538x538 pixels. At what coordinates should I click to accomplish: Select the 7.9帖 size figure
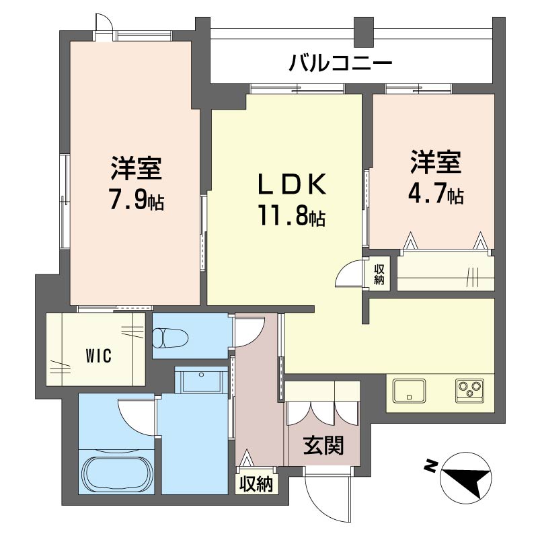[x=136, y=200]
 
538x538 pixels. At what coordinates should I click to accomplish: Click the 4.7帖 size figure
[x=435, y=195]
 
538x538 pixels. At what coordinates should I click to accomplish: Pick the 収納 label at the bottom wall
[x=256, y=484]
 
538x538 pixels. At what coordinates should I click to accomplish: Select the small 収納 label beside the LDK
[x=379, y=274]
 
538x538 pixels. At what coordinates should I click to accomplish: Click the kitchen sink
[x=410, y=390]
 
